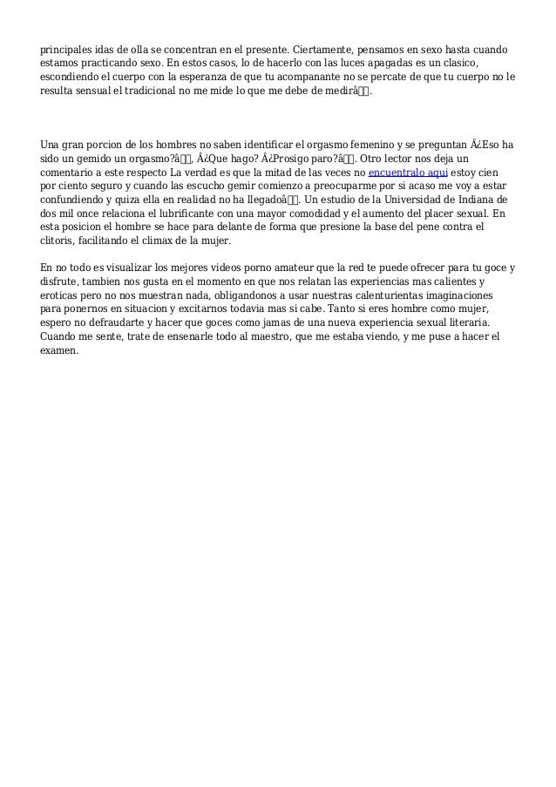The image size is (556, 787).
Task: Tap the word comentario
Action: tap(72, 173)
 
